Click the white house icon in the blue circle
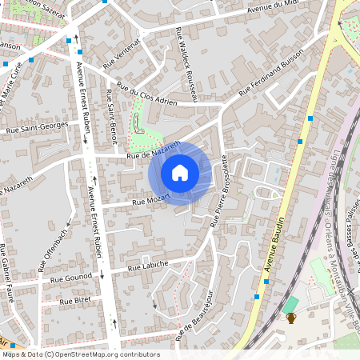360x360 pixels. (180, 173)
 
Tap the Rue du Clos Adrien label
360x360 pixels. (146, 94)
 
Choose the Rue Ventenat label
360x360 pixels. (122, 51)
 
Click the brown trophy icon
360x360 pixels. (291, 318)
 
